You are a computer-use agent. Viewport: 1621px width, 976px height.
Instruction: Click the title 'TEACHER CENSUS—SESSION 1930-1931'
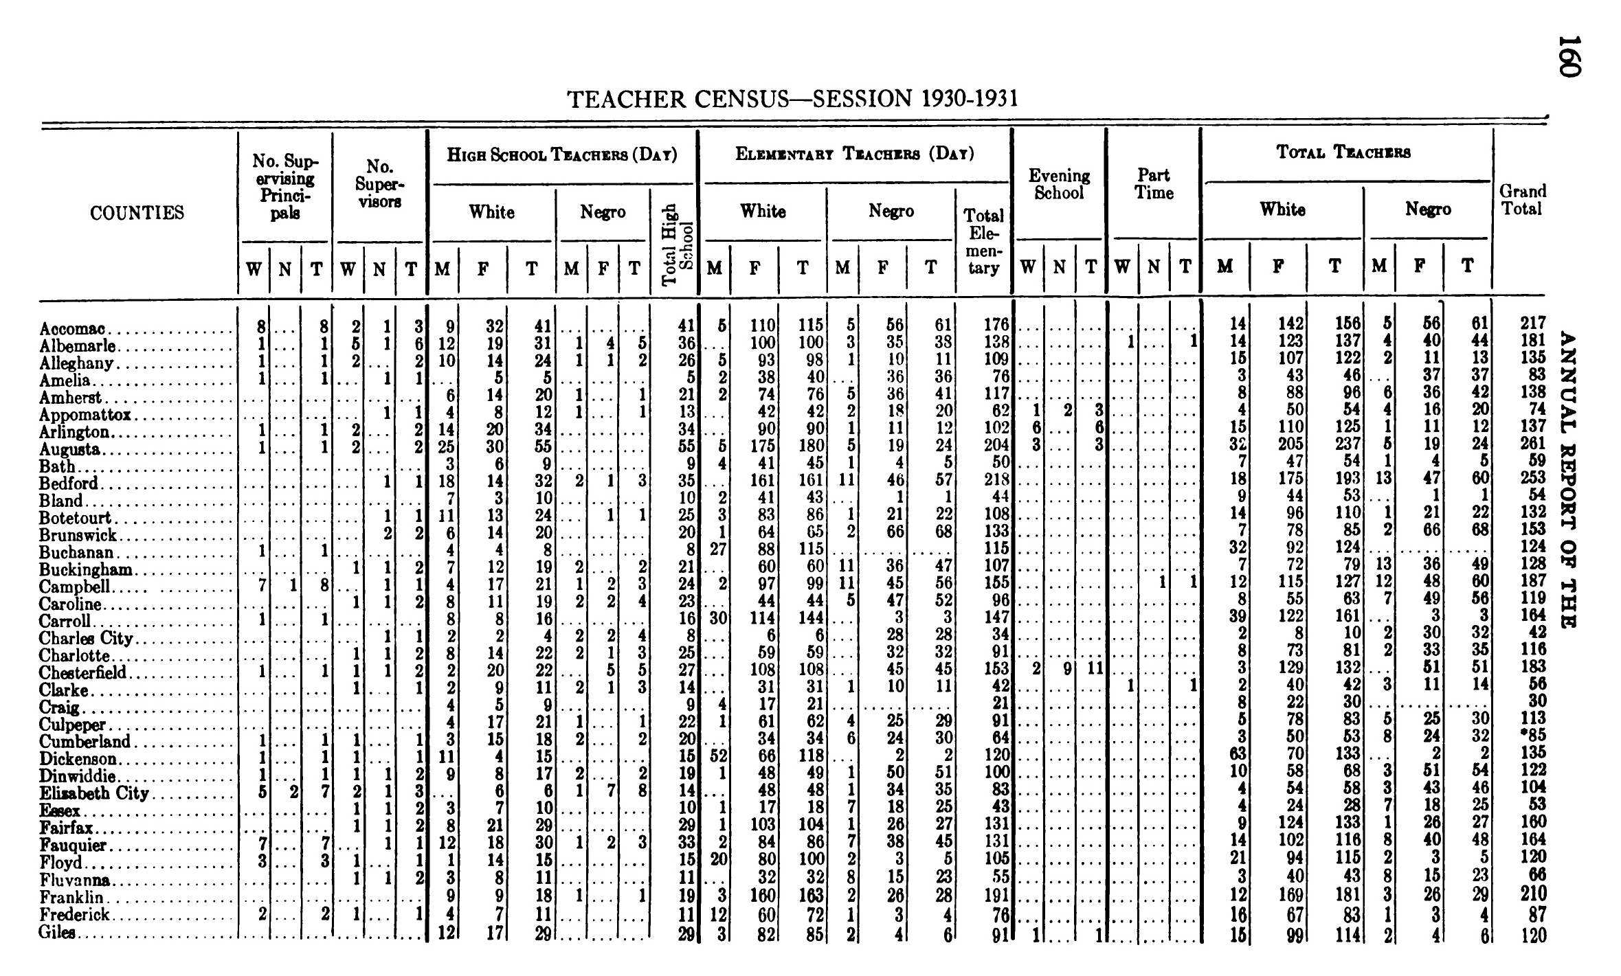(792, 100)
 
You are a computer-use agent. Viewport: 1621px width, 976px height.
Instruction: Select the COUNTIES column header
(137, 213)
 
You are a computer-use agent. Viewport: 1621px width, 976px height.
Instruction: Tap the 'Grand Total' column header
(1523, 200)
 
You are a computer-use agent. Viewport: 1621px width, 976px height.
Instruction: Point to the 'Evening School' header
(1059, 184)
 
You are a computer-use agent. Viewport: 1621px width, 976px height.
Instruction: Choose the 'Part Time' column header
(1154, 184)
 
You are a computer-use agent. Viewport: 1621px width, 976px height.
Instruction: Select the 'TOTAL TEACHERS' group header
(1343, 152)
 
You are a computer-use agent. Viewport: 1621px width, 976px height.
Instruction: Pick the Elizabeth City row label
(94, 794)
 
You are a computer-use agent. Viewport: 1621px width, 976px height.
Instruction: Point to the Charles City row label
(86, 639)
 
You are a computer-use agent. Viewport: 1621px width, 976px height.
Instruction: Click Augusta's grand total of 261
(1529, 444)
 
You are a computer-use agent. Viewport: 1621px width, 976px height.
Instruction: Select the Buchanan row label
(76, 553)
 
